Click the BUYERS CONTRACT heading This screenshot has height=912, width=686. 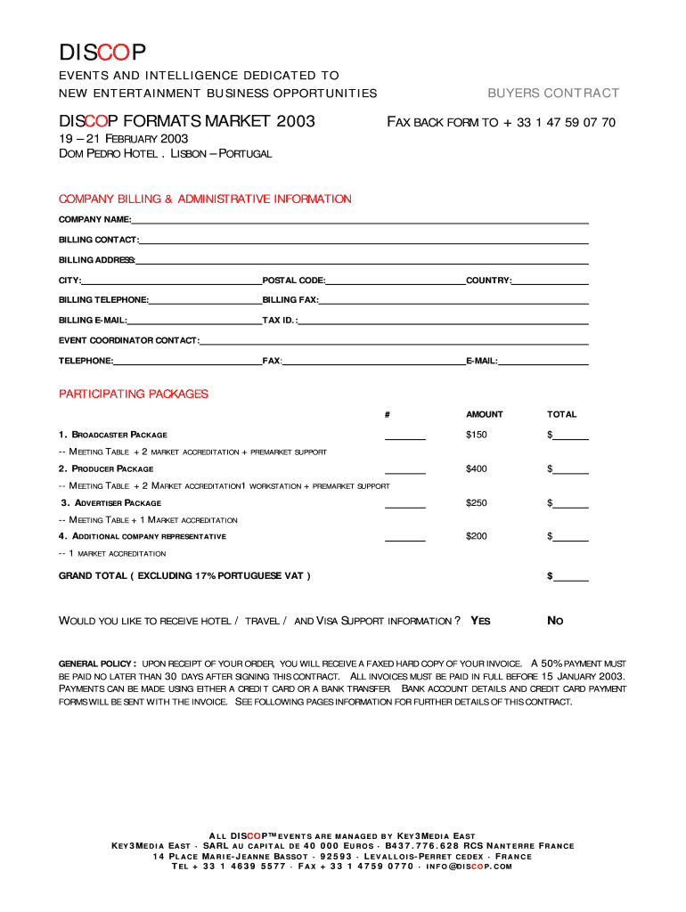point(552,94)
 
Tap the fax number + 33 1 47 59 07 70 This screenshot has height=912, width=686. point(559,122)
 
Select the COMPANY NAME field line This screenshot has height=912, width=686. point(360,220)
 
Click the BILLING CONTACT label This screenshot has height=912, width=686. point(98,240)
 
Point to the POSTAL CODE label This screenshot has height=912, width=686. point(293,281)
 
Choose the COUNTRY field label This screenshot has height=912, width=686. point(488,281)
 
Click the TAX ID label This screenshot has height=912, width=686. point(279,320)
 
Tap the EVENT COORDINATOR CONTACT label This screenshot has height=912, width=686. point(128,340)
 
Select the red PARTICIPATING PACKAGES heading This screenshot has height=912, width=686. point(134,394)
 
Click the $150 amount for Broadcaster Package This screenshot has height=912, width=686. point(477,435)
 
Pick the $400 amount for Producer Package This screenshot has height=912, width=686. point(477,468)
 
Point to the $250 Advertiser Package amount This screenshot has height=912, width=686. point(477,503)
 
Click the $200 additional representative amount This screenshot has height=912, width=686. point(477,536)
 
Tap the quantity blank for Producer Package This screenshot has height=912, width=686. point(405,470)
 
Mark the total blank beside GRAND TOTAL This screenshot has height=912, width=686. point(571,578)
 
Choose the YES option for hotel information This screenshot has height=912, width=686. point(480,621)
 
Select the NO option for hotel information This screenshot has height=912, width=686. point(555,621)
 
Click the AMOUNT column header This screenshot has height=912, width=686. point(485,414)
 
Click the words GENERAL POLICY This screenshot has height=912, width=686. point(97,664)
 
